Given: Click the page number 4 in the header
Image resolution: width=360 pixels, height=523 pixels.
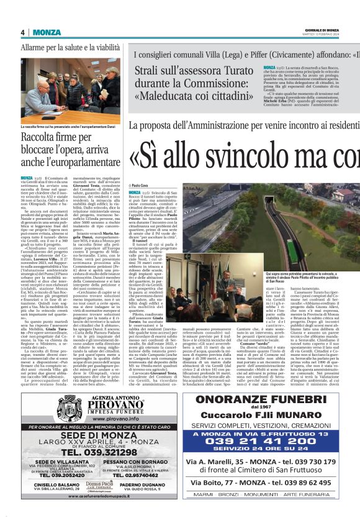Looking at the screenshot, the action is tap(22, 33).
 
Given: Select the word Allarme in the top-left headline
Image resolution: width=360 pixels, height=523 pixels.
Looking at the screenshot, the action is tap(37, 47).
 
